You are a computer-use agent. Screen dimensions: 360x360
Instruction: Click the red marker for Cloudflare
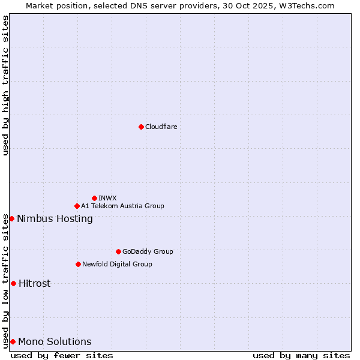point(141,127)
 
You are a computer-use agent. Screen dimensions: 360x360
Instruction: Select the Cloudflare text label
point(161,127)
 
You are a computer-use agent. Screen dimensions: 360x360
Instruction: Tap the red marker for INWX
point(94,198)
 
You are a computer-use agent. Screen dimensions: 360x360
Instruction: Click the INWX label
point(107,198)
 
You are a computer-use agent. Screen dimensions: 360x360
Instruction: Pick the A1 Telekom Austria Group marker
point(77,206)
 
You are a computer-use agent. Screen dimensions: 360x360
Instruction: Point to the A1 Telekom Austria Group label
point(122,206)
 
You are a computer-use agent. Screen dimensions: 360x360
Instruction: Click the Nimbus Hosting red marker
point(11,218)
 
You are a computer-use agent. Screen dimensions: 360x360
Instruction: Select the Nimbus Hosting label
point(55,218)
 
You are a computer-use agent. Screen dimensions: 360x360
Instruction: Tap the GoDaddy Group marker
point(118,251)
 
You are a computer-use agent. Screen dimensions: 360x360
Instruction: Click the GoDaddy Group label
point(148,251)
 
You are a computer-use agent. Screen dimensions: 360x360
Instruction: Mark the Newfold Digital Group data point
point(78,264)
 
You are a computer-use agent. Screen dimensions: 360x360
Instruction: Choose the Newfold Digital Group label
point(117,264)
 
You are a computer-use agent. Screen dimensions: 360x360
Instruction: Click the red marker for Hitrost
point(13,283)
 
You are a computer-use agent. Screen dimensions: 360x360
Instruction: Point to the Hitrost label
point(34,283)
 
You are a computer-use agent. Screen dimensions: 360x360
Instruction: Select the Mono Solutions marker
point(13,341)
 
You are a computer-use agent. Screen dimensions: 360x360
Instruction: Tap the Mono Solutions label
point(55,341)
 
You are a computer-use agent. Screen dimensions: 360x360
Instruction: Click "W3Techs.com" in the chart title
point(310,5)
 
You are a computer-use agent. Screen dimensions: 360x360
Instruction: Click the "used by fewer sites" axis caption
point(62,355)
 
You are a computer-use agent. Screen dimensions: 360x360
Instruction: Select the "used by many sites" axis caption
point(301,355)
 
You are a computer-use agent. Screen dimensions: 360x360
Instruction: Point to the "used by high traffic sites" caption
point(5,85)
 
